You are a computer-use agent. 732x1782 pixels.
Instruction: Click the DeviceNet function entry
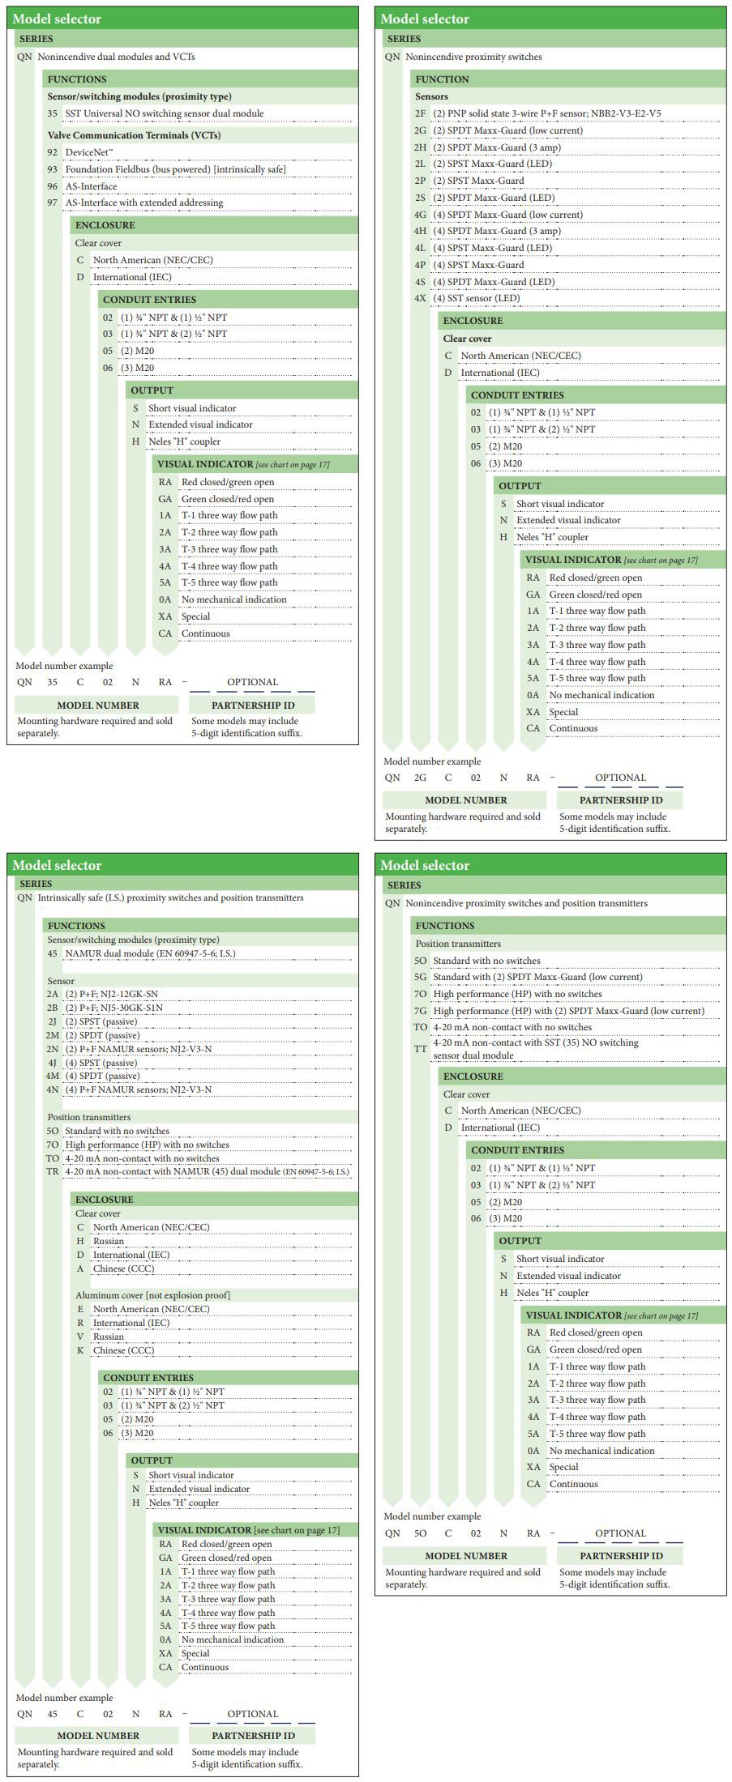88,152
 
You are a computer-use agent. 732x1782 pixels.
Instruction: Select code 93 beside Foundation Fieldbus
52,169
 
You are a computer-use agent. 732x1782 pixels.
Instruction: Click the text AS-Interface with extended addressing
143,202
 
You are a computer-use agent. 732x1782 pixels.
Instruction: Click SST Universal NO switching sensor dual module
164,113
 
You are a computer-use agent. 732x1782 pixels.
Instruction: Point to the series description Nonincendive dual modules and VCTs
116,57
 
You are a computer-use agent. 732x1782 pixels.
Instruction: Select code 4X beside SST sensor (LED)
420,298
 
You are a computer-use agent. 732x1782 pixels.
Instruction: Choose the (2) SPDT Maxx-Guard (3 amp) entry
496,147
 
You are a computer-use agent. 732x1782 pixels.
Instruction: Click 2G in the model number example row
420,778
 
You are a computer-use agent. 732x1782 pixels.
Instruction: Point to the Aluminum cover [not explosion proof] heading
152,1295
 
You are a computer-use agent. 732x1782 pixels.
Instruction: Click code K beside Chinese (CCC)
80,1350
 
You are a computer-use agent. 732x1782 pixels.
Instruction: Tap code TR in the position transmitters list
52,1172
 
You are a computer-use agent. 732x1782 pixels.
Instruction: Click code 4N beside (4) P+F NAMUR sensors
52,1089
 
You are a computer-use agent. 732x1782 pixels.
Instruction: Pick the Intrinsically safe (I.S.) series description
170,897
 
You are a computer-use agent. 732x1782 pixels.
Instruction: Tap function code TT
420,1048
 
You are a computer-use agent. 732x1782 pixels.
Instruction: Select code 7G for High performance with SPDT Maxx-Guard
420,1011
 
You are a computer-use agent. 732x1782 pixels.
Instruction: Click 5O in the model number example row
420,1533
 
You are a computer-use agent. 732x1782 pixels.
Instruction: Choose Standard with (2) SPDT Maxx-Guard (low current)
537,977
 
